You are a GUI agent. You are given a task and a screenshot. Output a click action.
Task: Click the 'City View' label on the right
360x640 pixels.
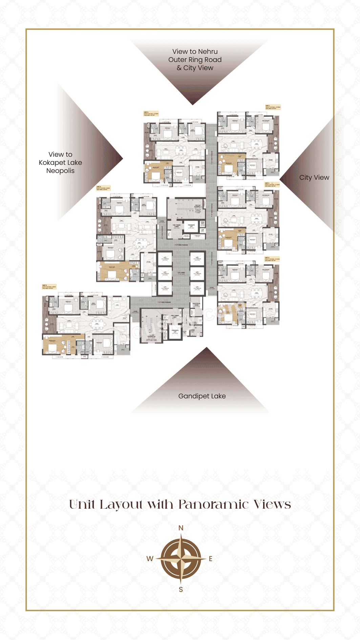[x=314, y=177]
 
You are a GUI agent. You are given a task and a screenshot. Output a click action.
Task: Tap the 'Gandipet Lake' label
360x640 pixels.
[x=202, y=396]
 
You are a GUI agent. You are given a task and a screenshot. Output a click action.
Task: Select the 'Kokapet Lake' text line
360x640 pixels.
[x=60, y=162]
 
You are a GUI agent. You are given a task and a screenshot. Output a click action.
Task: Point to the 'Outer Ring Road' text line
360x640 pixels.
[x=195, y=60]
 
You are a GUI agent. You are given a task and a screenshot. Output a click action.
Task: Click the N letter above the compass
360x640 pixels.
[x=181, y=528]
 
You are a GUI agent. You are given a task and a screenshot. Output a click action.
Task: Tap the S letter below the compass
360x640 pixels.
[x=181, y=590]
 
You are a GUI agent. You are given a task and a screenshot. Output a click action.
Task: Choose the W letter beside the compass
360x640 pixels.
[x=150, y=559]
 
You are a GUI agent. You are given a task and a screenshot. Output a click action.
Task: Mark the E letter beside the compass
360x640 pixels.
[x=211, y=559]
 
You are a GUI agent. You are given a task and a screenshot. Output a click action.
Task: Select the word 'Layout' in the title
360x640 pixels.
[x=122, y=505]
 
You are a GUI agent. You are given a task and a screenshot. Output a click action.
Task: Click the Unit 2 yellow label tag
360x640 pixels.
[x=151, y=113]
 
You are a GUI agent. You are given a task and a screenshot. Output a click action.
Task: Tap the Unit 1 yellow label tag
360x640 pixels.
[x=273, y=107]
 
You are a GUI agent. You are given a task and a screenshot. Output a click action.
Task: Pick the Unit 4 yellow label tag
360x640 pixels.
[x=103, y=187]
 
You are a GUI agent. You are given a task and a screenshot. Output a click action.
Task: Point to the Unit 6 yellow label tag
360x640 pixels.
[x=49, y=287]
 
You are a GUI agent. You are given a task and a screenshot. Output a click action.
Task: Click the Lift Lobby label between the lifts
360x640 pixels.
[x=181, y=273]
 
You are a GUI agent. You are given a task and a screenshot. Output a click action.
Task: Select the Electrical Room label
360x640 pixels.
[x=196, y=304]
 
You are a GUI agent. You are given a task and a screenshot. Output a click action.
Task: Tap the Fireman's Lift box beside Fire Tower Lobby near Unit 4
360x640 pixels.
[x=191, y=226]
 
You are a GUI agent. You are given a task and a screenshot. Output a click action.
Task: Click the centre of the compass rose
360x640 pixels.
[x=181, y=558]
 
